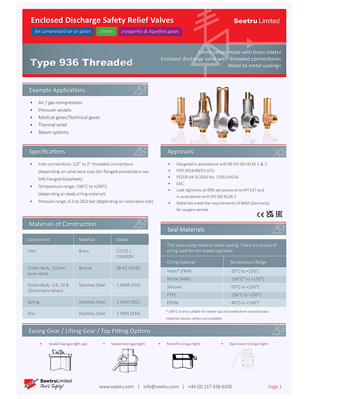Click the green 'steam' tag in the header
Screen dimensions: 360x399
click(106, 31)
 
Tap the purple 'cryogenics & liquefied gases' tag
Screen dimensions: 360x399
click(150, 31)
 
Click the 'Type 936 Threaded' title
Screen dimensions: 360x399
click(81, 63)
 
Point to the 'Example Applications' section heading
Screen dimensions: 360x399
click(57, 90)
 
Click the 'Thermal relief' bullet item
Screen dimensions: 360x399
click(53, 125)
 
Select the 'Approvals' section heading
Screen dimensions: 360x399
click(180, 152)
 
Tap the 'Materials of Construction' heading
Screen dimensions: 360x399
click(62, 224)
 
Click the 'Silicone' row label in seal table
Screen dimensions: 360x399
click(175, 287)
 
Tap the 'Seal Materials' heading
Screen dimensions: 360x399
click(186, 230)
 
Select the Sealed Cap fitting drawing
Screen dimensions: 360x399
click(61, 362)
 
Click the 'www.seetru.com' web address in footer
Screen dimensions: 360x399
click(115, 387)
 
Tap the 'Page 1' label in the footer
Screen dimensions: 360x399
click(274, 387)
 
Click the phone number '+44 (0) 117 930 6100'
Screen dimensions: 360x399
click(210, 387)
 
